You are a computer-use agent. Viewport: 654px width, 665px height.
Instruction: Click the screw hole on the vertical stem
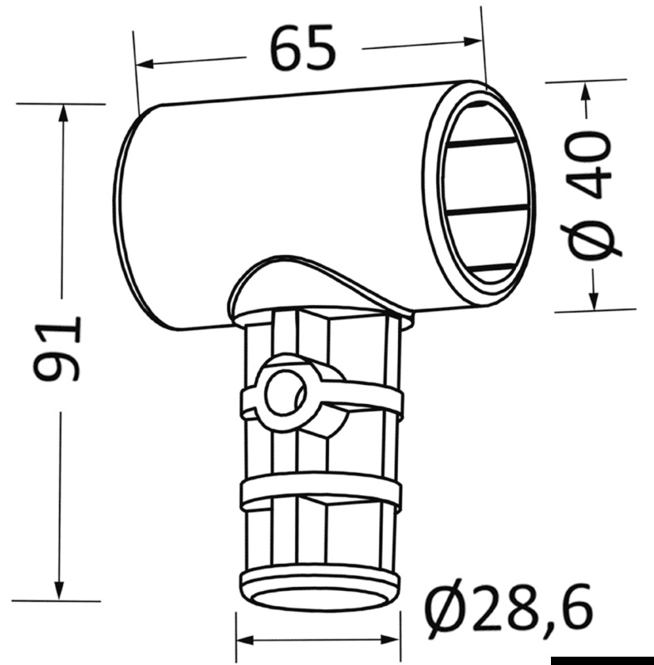pos(284,391)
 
